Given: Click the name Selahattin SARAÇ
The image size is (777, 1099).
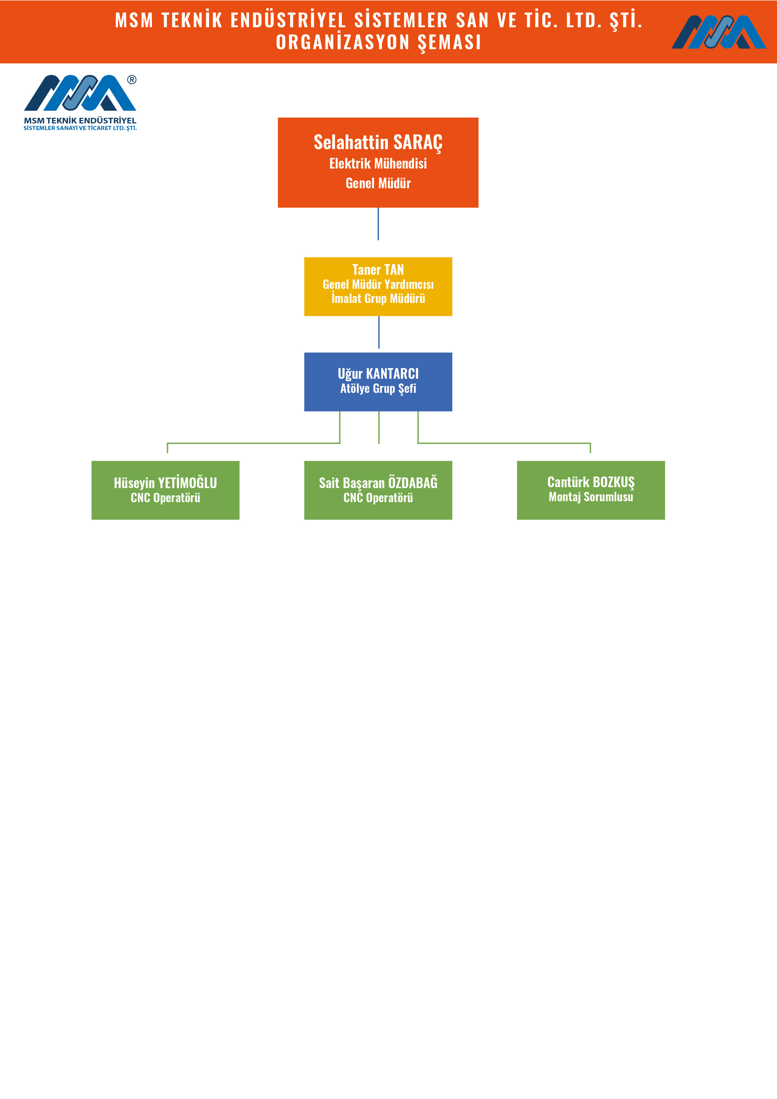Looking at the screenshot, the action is click(378, 143).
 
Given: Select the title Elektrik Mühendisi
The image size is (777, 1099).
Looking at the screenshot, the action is click(378, 164).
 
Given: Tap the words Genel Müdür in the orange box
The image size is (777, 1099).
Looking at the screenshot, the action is click(378, 183).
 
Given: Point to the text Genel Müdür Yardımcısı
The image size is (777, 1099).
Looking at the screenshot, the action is click(378, 284).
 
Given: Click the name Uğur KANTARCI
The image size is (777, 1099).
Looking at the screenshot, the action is click(378, 373).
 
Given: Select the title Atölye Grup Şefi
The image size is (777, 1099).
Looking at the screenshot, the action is click(378, 388).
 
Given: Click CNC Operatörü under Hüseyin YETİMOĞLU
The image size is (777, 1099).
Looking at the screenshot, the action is click(165, 498).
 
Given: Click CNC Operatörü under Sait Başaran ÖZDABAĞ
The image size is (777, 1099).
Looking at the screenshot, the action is click(378, 498).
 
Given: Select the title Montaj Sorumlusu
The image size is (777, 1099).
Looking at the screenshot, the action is click(591, 497).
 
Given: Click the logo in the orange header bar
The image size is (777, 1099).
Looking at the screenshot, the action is click(719, 32).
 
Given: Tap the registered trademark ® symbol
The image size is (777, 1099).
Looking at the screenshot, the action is click(132, 80).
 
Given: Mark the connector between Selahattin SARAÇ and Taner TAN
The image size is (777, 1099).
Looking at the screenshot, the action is click(378, 224).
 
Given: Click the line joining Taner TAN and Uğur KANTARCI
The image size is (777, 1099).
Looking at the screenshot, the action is click(379, 332).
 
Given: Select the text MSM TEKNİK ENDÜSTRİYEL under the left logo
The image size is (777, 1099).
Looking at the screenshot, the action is click(80, 121).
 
